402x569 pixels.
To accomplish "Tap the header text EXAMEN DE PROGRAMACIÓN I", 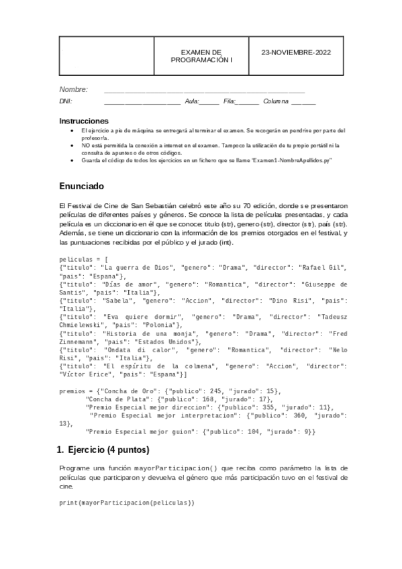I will [201, 56].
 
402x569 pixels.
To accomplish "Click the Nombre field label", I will [73, 89].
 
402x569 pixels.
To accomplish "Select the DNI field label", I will [66, 101].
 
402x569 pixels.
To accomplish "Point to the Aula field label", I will [191, 101].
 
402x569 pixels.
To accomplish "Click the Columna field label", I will [275, 101].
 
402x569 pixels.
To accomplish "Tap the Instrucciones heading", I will [84, 121].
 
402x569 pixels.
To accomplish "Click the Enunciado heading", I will [82, 185].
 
